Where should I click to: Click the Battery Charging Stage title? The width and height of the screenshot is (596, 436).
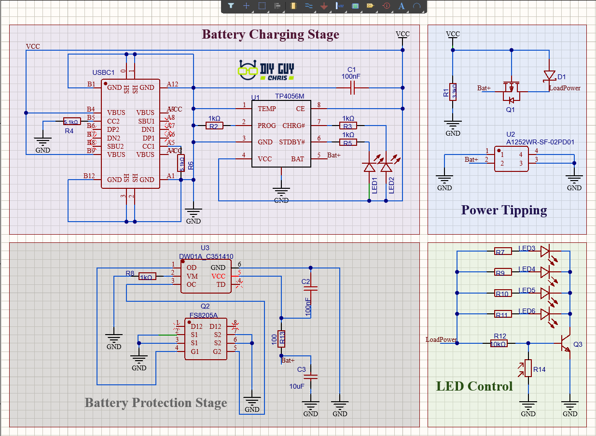(x=270, y=35)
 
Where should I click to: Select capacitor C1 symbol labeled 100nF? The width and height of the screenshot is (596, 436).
(x=352, y=88)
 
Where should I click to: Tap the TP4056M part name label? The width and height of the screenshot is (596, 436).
(x=290, y=97)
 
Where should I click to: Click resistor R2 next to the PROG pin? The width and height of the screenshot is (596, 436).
(x=214, y=126)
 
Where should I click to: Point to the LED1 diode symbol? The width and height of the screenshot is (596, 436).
(x=370, y=167)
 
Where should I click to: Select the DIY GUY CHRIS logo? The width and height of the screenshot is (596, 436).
(x=266, y=71)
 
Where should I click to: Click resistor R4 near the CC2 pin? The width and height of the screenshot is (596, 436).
(x=71, y=122)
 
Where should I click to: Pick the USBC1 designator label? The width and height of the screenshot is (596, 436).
(x=103, y=72)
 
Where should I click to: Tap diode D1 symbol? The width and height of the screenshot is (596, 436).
(x=550, y=75)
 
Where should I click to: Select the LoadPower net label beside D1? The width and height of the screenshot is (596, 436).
(x=565, y=88)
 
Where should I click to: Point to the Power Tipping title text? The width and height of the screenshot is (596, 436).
(x=504, y=210)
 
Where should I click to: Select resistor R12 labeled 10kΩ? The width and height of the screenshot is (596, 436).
(x=499, y=344)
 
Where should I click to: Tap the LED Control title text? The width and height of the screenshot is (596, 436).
(x=474, y=386)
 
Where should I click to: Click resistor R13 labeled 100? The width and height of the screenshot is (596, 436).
(x=281, y=338)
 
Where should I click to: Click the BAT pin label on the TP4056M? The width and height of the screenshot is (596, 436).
(x=297, y=158)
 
